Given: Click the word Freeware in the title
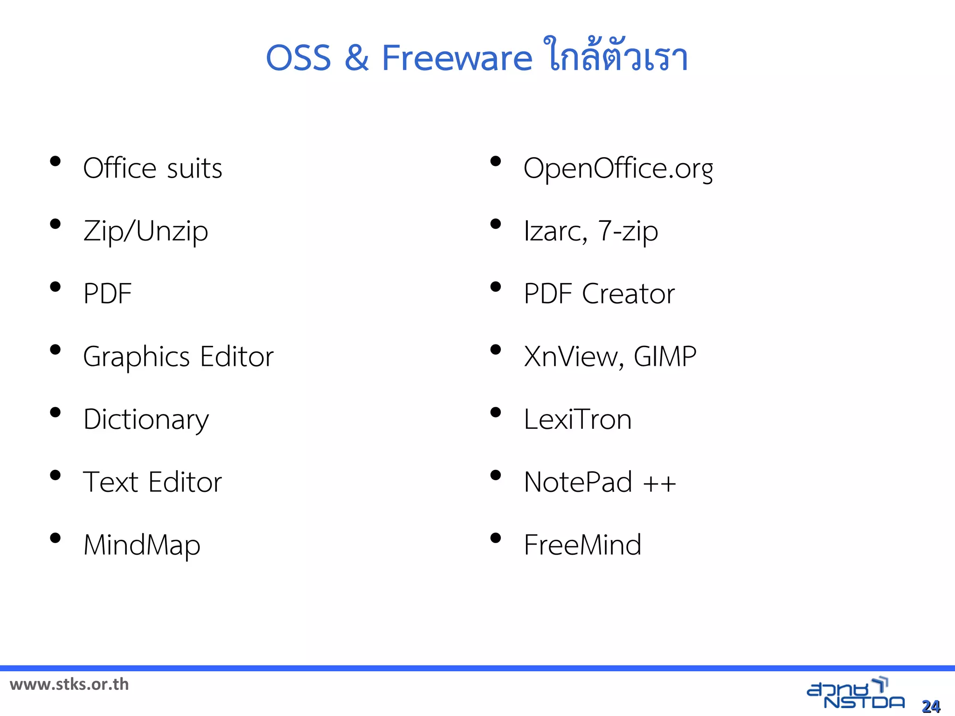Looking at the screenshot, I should [x=457, y=58].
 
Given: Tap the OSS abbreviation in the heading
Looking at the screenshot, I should [x=298, y=58].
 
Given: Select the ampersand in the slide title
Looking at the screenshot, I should [x=357, y=58].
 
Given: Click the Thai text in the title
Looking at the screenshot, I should [x=616, y=56].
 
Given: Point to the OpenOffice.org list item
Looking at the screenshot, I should [x=618, y=168].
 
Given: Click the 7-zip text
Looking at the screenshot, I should [x=628, y=231].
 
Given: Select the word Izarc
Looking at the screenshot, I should [x=555, y=231].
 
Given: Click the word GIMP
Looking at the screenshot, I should [x=665, y=357].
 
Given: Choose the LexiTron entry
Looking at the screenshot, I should [x=577, y=419].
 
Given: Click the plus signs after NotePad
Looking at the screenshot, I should [x=659, y=483].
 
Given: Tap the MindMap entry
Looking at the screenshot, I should [x=142, y=545].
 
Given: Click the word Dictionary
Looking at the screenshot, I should [x=146, y=420].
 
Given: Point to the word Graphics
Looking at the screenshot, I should [x=136, y=357].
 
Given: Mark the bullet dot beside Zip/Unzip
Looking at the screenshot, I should [x=55, y=224].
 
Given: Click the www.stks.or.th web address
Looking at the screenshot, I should [x=69, y=684].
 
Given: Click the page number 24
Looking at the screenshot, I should [x=931, y=706].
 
